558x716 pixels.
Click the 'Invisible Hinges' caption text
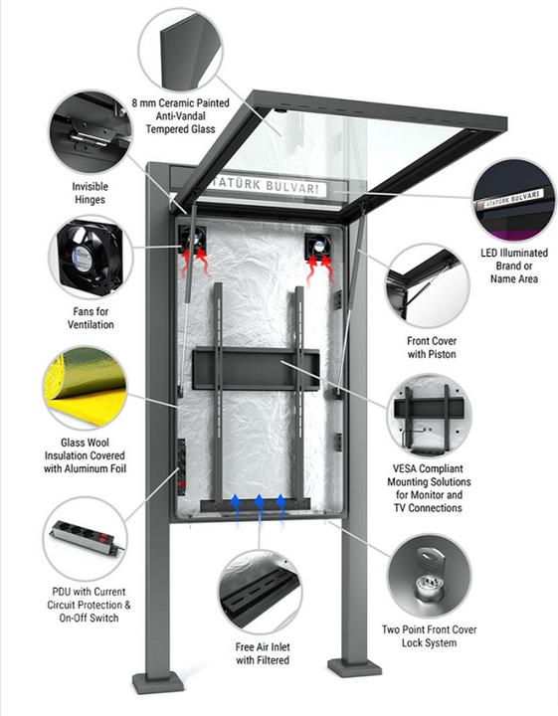tap(91, 193)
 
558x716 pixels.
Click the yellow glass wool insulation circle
tap(85, 386)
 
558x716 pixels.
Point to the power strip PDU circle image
tap(87, 537)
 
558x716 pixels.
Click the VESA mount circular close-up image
tap(430, 412)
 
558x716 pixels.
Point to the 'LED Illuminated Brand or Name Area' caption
tap(514, 267)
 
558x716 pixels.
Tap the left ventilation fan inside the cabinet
tap(193, 239)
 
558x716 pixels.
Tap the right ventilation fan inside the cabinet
tap(318, 246)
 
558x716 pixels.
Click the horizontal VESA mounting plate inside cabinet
tap(257, 368)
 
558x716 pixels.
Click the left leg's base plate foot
tap(157, 684)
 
